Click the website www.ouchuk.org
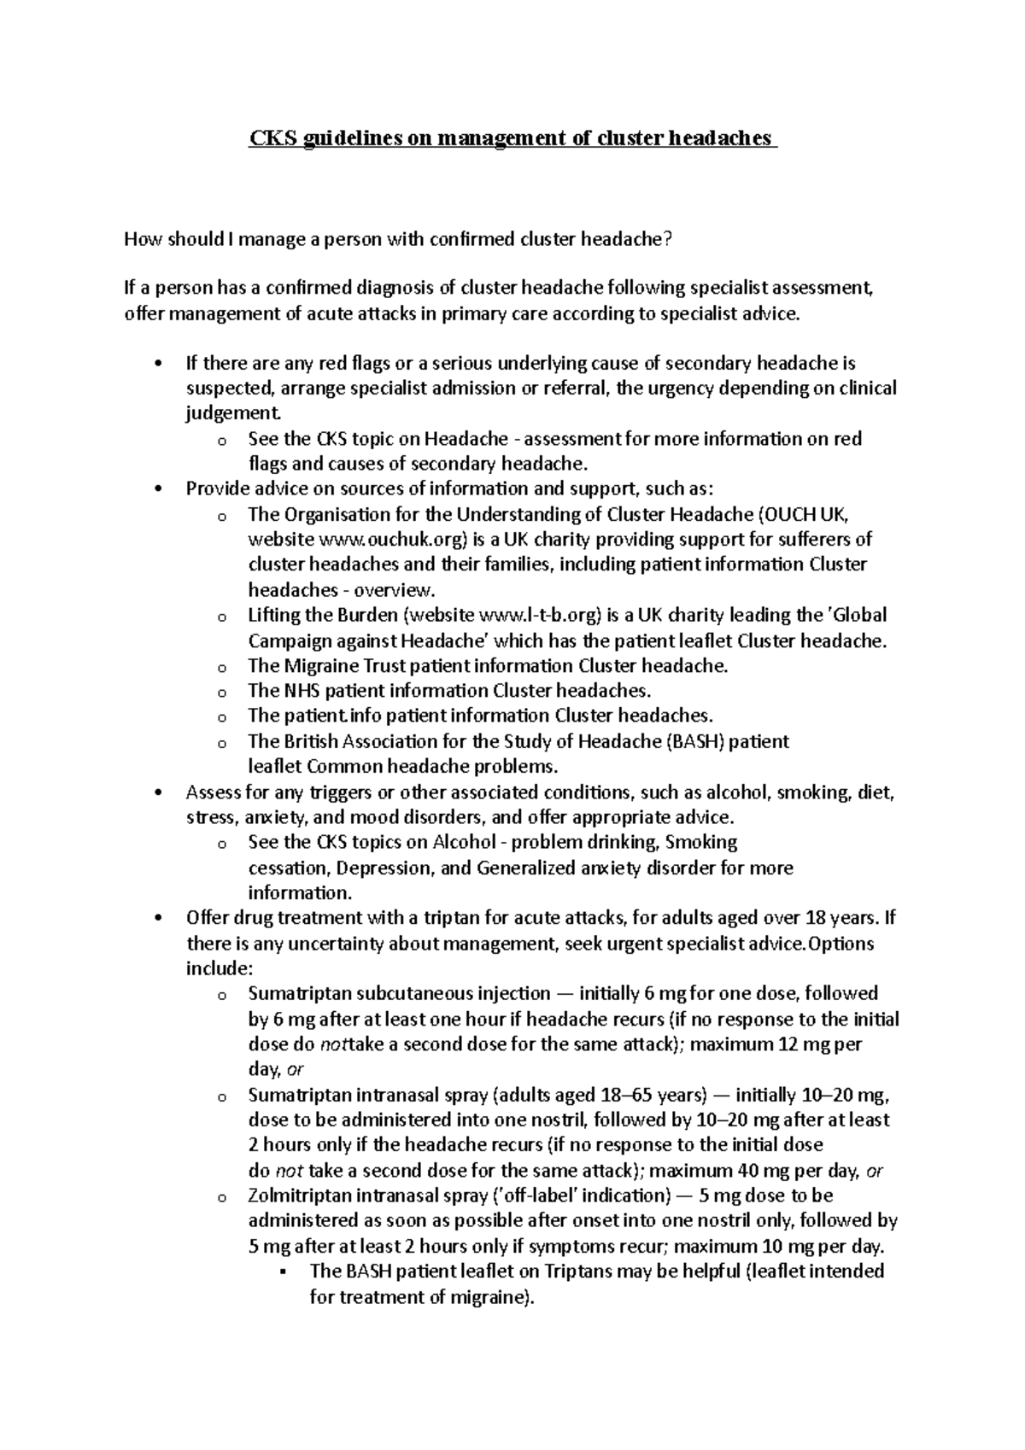[x=394, y=540]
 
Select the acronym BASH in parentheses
[x=697, y=741]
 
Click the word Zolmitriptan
[x=299, y=1196]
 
